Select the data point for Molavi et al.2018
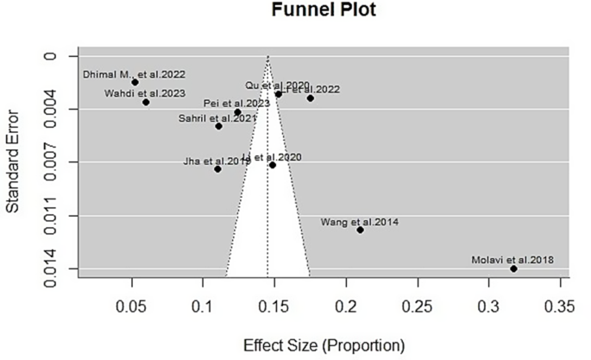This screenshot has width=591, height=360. pyautogui.click(x=514, y=268)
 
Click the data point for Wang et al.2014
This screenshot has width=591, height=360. pyautogui.click(x=360, y=230)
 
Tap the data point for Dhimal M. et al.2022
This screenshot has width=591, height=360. pyautogui.click(x=135, y=82)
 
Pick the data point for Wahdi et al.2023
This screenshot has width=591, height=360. pyautogui.click(x=147, y=102)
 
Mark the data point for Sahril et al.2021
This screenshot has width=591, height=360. pyautogui.click(x=219, y=126)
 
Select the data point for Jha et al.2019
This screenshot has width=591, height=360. pyautogui.click(x=217, y=168)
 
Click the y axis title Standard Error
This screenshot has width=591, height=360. pyautogui.click(x=15, y=164)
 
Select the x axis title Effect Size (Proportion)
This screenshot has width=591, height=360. pyautogui.click(x=322, y=344)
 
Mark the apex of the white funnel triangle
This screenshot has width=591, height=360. pyautogui.click(x=267, y=56)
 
